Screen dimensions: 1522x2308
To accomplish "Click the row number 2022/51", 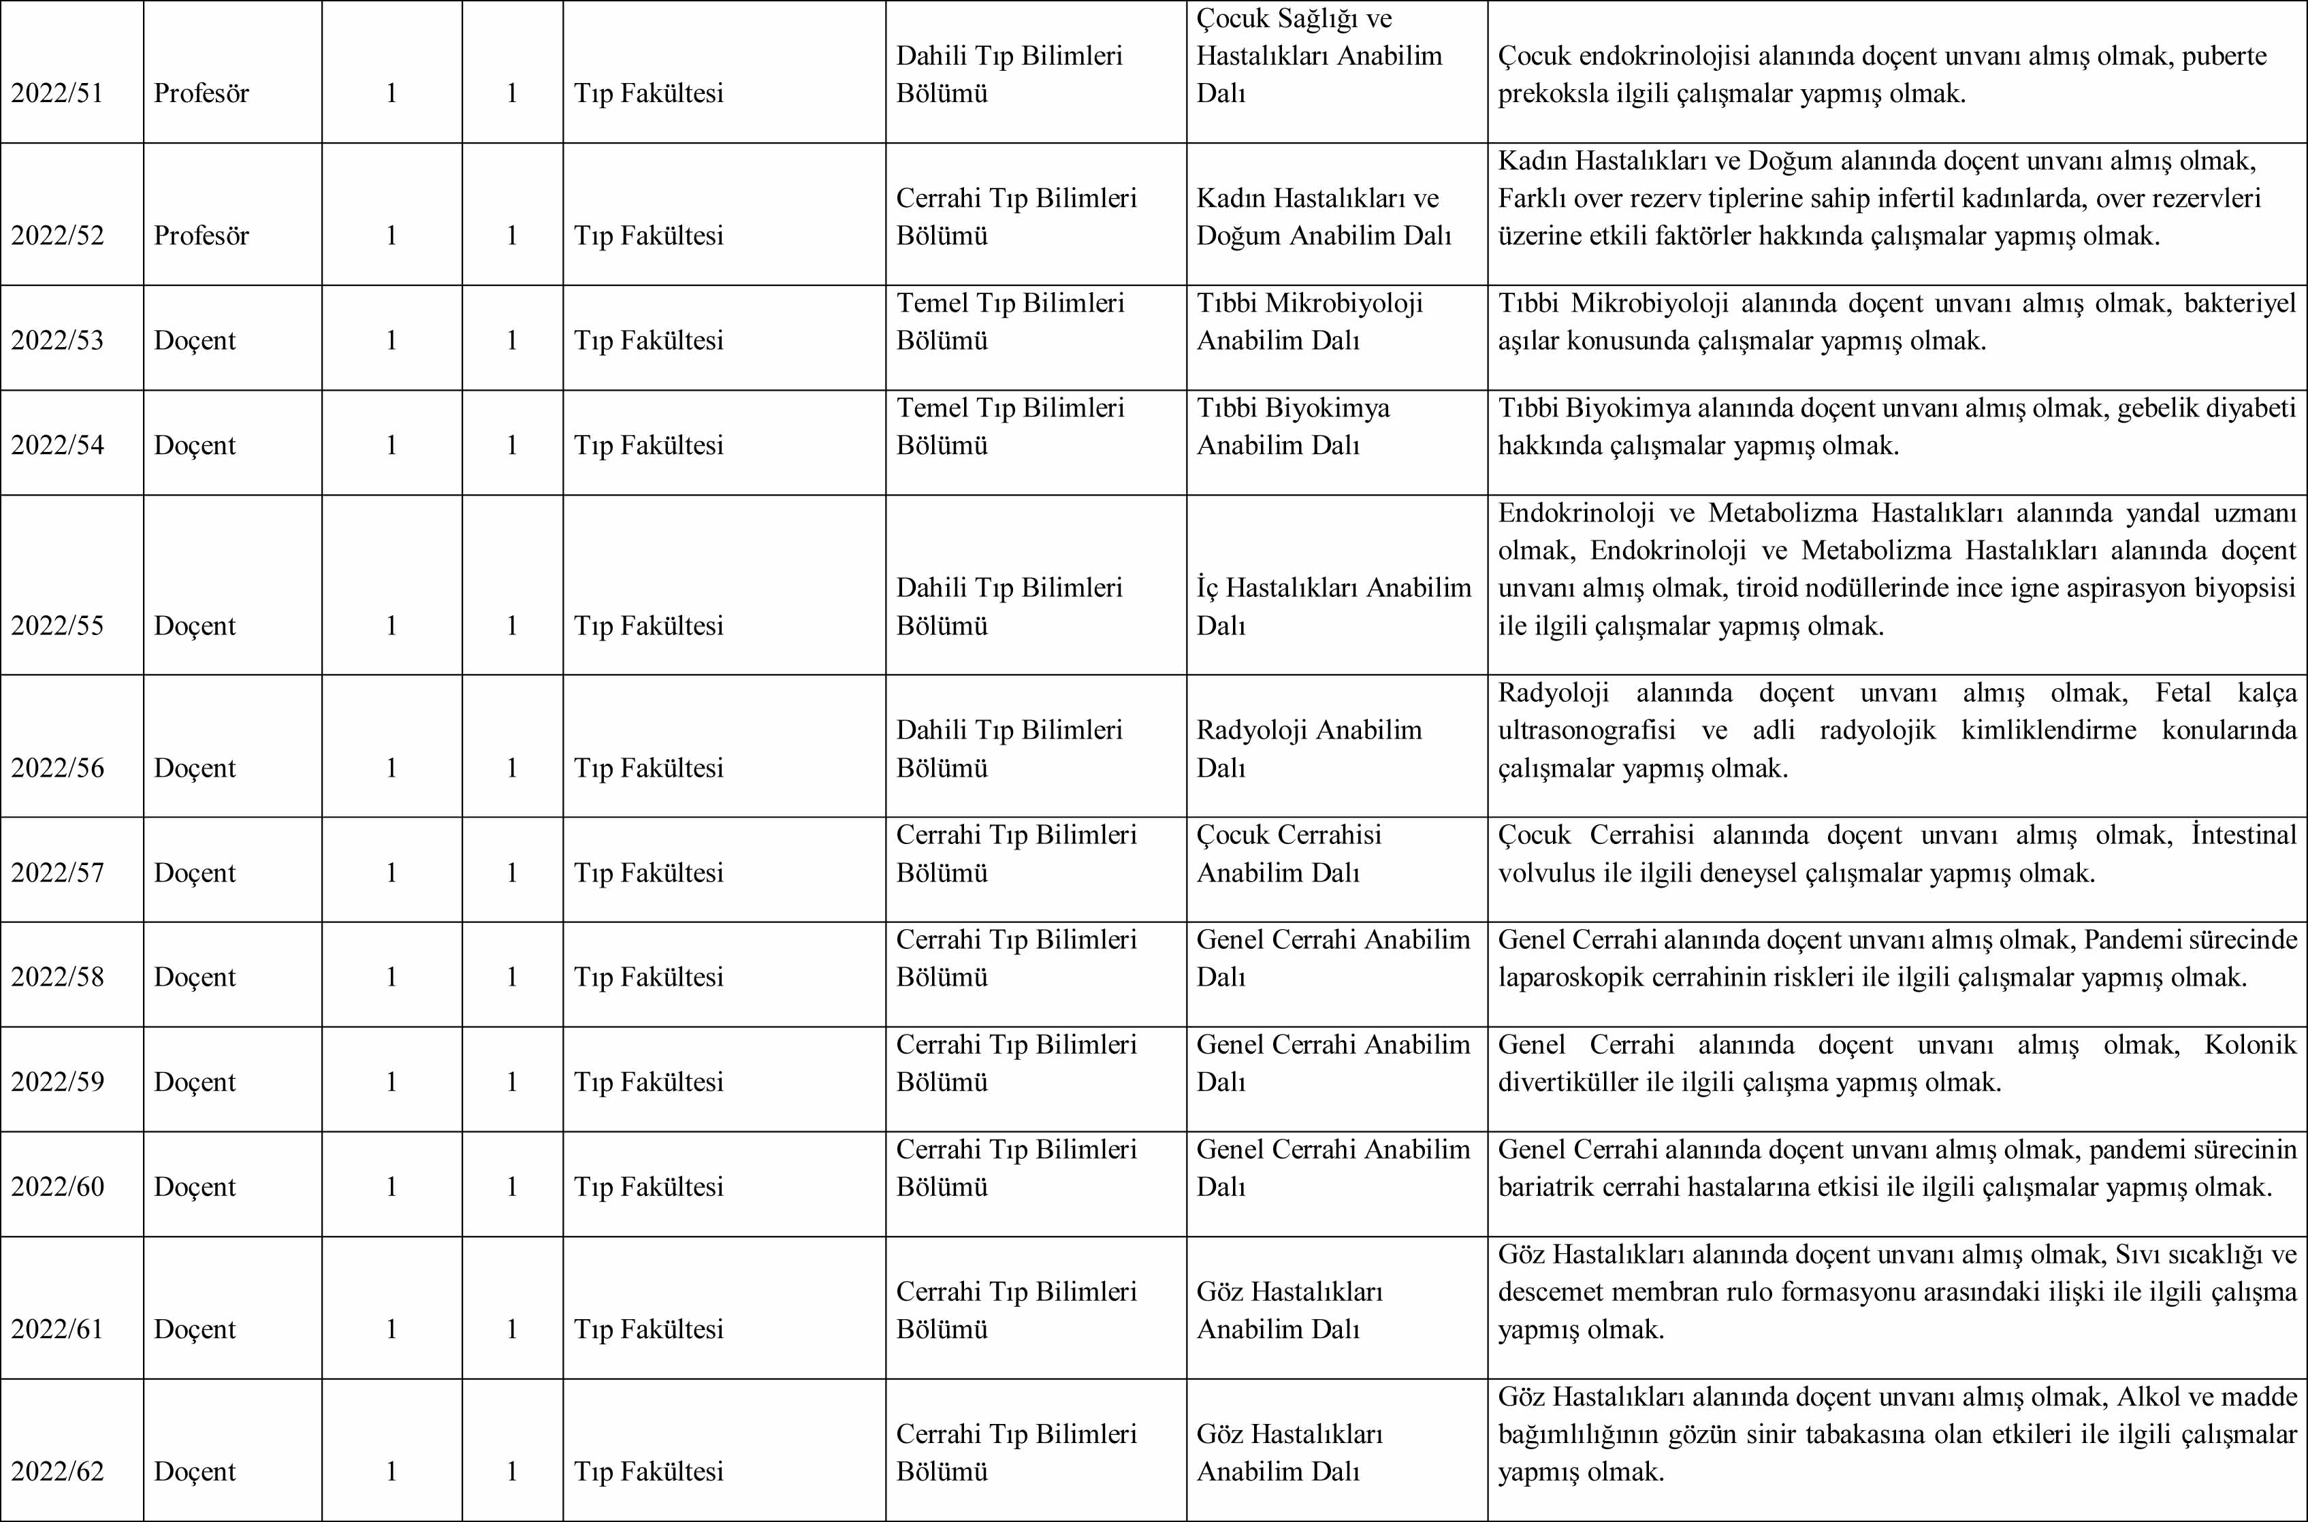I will [x=57, y=94].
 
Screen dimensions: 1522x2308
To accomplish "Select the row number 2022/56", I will [x=57, y=768].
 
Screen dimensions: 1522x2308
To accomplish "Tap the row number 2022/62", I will [x=57, y=1472].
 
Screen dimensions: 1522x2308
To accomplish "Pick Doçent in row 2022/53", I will [x=194, y=341].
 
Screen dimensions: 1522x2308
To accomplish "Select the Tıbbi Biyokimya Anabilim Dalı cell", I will [x=1293, y=427].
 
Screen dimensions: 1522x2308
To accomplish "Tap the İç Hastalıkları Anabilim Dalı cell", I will [x=1334, y=606].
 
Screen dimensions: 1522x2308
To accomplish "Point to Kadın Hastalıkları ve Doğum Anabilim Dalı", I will [x=1323, y=217].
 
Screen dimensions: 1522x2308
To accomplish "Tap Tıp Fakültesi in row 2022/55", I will [x=648, y=626].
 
